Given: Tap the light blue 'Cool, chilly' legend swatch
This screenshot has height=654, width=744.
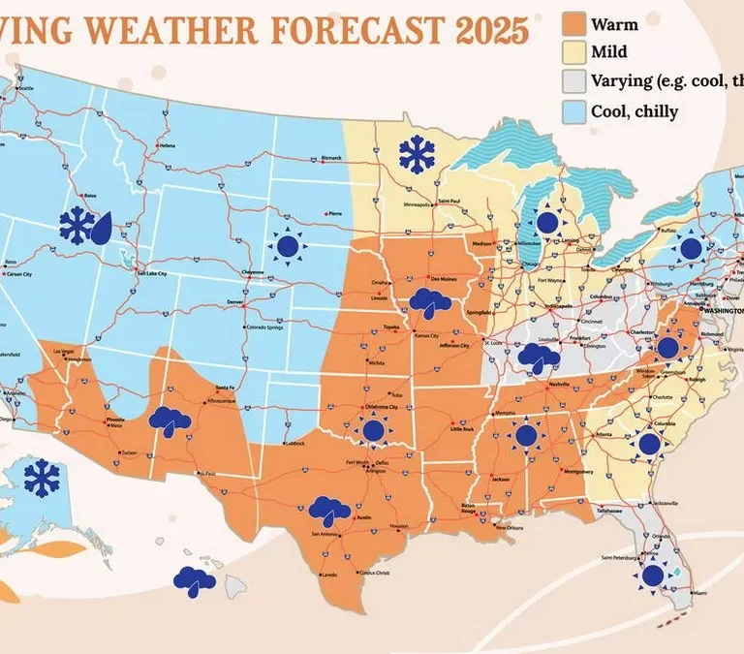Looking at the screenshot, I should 575,110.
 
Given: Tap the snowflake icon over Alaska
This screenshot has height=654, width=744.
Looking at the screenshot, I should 41,477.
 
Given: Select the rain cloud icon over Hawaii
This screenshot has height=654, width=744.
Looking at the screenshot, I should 195,579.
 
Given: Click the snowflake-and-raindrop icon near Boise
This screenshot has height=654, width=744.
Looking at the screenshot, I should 85,225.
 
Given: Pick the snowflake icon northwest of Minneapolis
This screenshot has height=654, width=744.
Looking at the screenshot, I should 418,154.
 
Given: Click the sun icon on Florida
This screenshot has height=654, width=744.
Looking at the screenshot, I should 652,576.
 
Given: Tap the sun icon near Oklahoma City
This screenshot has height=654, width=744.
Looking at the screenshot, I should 373,428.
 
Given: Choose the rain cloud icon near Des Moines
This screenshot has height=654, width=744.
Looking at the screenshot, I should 428,303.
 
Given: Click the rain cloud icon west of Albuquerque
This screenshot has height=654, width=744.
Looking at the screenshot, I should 170,420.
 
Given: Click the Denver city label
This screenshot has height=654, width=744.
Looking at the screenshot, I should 233,301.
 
